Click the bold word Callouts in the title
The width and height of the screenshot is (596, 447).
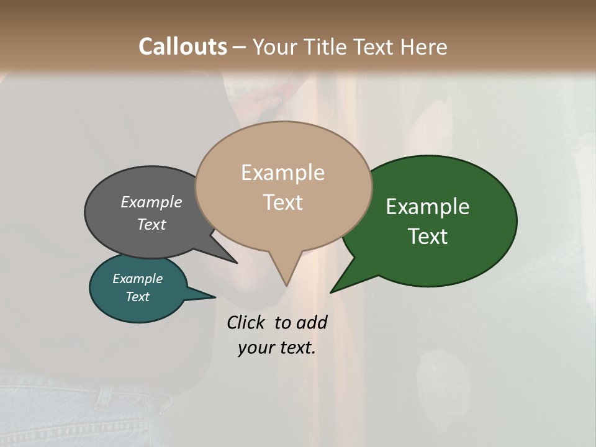[x=183, y=47]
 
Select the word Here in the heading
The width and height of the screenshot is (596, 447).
[x=423, y=47]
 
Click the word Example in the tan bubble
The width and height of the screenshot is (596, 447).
[x=282, y=173]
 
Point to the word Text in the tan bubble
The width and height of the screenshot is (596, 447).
[x=282, y=202]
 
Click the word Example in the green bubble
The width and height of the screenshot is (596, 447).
[x=428, y=207]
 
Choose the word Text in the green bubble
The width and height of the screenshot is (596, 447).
[x=428, y=237]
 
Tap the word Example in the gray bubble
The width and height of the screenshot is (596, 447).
[x=151, y=202]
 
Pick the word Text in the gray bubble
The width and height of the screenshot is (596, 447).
[x=151, y=224]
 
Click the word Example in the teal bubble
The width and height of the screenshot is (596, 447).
[x=137, y=279]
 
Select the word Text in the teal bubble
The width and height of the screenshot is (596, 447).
[x=137, y=297]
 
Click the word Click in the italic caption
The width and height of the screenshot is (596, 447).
[x=245, y=322]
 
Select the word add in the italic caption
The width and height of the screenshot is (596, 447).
[x=312, y=322]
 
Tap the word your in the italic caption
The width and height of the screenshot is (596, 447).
[x=255, y=348]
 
